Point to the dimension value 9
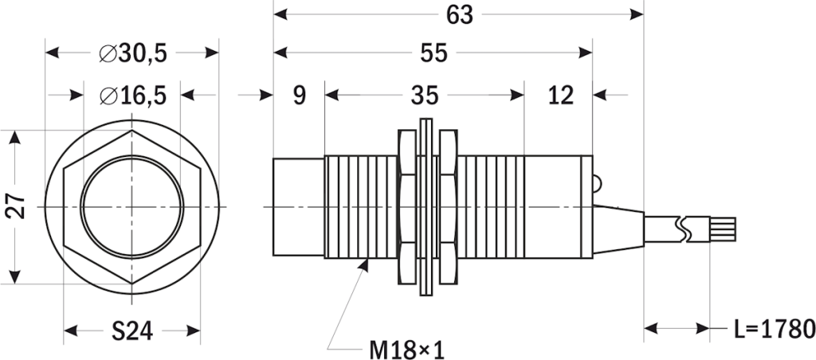(299, 96)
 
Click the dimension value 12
(560, 96)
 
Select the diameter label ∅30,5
(132, 53)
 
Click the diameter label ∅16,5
(132, 96)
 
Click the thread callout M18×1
(406, 349)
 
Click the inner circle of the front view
(132, 208)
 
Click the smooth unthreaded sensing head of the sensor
(299, 208)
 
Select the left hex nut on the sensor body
(406, 208)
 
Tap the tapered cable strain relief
(618, 229)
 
